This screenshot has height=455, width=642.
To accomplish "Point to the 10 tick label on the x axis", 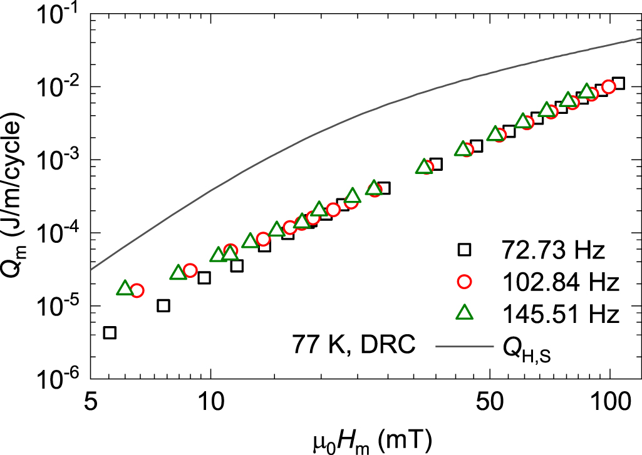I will [x=211, y=399].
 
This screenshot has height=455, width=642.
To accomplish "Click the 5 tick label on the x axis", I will [x=91, y=399].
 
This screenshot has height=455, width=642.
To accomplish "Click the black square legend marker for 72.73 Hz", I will [x=464, y=250].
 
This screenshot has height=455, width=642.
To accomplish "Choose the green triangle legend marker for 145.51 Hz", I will [x=464, y=314].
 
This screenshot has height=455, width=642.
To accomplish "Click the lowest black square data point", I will [x=110, y=332].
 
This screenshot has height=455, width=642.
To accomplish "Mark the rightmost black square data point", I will [x=619, y=83].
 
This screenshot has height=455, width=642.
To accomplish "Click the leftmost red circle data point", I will [x=137, y=290].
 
